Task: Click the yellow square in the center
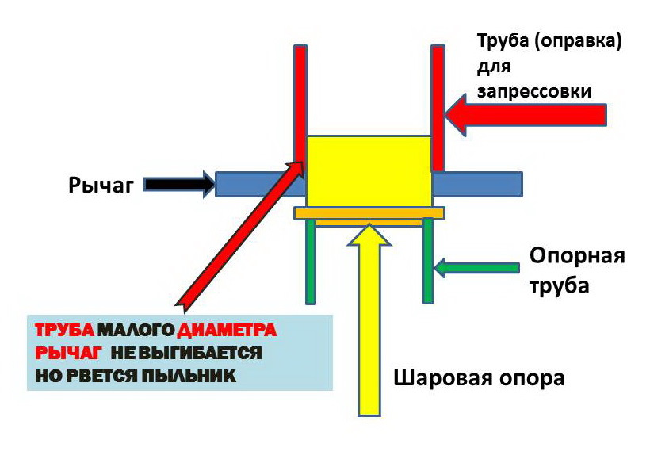(369, 171)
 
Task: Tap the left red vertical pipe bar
(300, 95)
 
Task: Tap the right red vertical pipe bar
(438, 103)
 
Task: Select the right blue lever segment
(476, 183)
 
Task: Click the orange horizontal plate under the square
(369, 212)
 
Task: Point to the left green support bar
(311, 261)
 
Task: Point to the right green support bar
(428, 261)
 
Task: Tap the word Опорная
(577, 256)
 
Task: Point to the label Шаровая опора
(480, 377)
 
